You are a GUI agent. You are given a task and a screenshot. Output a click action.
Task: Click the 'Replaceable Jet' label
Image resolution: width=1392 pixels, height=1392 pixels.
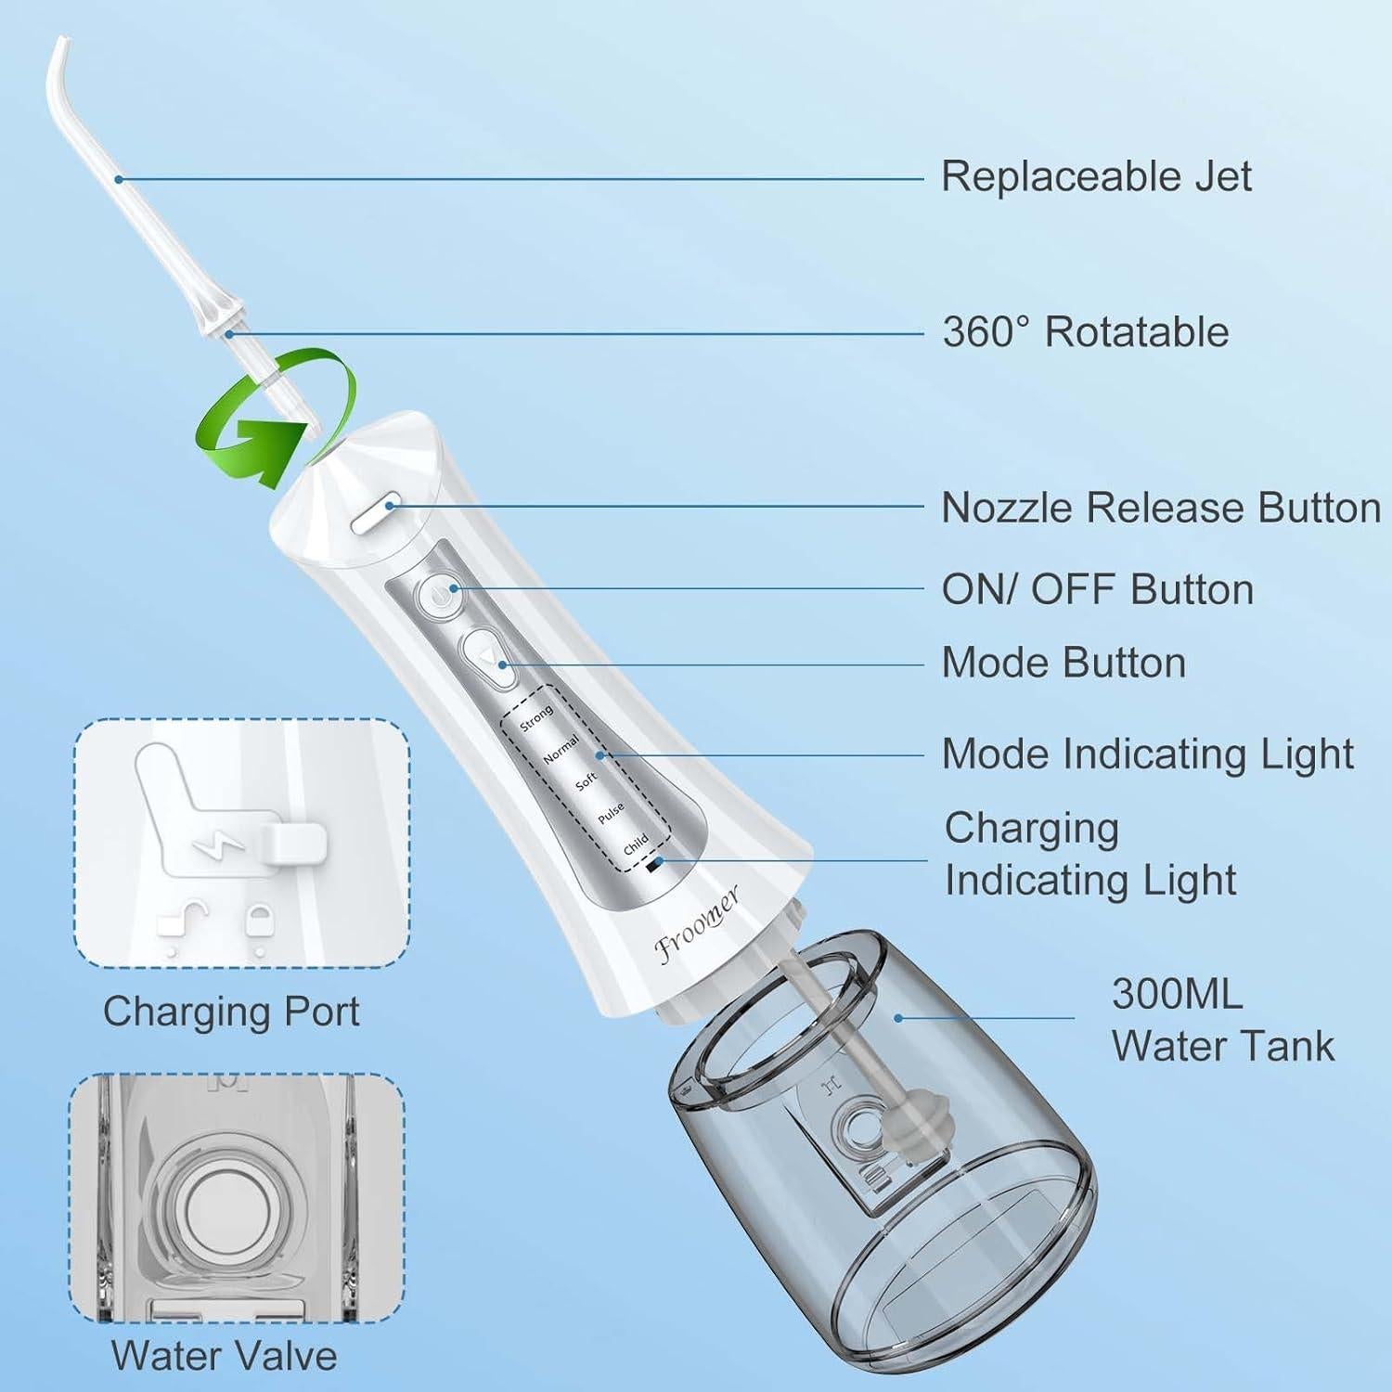1096,176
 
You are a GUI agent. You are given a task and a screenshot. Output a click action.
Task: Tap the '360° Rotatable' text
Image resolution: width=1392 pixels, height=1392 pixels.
1085,332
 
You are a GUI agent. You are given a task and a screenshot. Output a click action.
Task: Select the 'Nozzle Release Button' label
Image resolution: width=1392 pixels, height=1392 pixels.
1160,508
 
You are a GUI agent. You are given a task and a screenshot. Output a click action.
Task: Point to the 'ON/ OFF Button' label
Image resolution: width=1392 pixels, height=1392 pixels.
1097,589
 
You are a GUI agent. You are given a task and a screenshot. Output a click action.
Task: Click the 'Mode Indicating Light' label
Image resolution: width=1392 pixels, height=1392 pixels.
1147,754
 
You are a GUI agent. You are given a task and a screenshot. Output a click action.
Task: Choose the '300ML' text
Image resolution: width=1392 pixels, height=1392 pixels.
1177,994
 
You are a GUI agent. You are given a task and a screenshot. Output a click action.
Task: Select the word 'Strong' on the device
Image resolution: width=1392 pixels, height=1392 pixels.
535,718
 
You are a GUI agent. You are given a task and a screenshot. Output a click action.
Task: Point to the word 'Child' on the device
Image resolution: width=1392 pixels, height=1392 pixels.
636,844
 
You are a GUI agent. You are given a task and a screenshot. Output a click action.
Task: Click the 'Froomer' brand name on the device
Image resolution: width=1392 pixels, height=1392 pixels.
697,925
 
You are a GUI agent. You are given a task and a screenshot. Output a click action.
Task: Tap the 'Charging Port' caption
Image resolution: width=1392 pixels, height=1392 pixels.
231,1012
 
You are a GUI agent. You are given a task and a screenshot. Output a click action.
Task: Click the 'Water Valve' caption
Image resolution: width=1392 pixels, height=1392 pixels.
224,1356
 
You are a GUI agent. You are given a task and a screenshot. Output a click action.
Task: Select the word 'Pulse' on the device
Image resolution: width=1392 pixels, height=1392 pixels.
611,814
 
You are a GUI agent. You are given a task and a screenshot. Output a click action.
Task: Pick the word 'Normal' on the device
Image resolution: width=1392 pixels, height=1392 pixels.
561,750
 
